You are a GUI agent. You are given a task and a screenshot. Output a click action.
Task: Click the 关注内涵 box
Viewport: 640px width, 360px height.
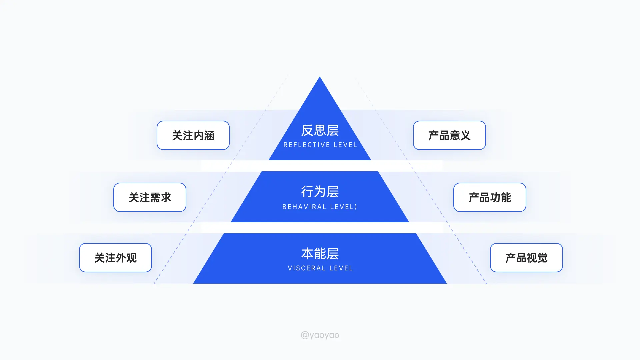193,135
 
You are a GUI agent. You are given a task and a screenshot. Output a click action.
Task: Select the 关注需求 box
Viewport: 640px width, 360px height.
150,197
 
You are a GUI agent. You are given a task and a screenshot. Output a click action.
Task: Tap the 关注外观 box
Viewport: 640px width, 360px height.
115,258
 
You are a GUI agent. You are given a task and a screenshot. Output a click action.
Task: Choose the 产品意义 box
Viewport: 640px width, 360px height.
449,135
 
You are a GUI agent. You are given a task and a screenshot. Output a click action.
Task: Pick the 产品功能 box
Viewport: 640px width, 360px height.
490,197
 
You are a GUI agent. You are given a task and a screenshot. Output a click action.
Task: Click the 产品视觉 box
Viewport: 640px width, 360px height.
526,258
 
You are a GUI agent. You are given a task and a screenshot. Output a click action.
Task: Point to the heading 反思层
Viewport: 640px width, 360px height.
320,130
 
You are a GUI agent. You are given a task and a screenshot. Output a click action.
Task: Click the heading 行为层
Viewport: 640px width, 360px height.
320,192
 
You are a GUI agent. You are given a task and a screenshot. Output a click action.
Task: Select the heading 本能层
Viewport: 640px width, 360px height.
320,254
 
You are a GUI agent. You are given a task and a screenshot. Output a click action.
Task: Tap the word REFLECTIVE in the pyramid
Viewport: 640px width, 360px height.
307,145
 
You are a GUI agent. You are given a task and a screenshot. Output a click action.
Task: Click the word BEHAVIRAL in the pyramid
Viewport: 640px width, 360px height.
304,207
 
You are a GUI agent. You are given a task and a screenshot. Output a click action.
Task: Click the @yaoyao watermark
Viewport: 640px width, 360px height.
320,335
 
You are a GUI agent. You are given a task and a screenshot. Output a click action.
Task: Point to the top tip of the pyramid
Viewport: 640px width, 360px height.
320,77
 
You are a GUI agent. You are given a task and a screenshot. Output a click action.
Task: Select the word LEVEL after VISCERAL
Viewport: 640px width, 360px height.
341,268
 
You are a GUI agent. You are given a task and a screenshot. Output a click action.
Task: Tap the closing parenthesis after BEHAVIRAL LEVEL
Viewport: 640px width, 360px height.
356,207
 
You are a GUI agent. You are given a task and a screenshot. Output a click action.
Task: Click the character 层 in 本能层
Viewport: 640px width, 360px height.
333,254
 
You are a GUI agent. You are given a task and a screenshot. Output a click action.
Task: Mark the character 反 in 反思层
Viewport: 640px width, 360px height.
307,130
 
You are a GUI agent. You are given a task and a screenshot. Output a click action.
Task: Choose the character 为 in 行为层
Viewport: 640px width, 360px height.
320,192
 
